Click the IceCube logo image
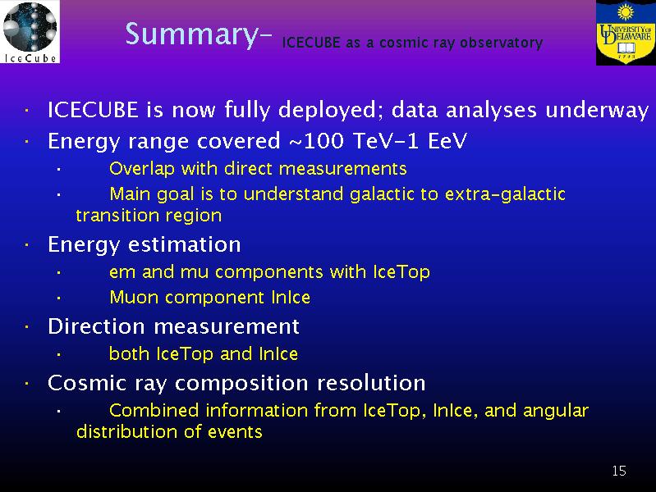click(x=30, y=32)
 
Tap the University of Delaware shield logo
click(x=626, y=33)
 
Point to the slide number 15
click(x=619, y=471)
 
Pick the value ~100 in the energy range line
click(x=316, y=141)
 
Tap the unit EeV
click(x=447, y=141)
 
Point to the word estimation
click(x=185, y=244)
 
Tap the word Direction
click(x=97, y=326)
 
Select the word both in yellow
click(x=129, y=353)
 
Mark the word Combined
click(x=154, y=410)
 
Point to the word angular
click(x=556, y=412)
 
